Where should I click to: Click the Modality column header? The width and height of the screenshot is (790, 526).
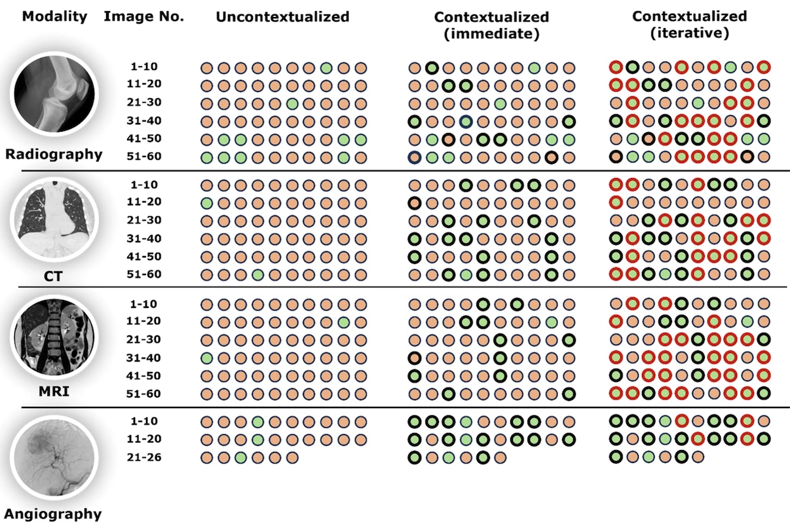coord(54,17)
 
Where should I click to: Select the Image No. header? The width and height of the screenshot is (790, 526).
coord(143,17)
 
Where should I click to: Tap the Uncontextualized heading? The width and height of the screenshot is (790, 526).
coord(282,17)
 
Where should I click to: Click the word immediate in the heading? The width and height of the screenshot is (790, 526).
coord(491,35)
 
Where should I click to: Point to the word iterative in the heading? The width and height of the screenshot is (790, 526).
coord(689,33)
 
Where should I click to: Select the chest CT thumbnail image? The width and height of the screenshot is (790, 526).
coord(55,216)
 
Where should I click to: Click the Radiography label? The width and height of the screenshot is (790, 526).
coord(55,155)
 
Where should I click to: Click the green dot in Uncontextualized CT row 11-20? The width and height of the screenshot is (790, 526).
coord(206,202)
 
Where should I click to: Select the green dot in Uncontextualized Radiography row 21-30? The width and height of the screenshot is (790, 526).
coord(292,103)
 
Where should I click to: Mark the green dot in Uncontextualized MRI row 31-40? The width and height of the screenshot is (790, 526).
coord(206,358)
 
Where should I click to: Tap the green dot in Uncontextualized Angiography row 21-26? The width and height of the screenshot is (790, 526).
coord(241,457)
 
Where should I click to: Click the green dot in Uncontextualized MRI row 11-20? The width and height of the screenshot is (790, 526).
coord(344,322)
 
